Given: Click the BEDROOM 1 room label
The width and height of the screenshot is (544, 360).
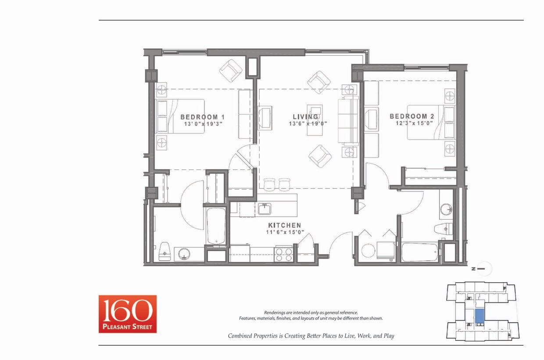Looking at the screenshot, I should tap(202, 117).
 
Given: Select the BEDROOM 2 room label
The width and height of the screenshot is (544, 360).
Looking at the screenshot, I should tap(412, 116).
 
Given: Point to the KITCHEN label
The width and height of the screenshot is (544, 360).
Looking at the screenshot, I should tap(284, 225).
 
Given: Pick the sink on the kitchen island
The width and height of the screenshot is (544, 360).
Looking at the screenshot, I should tap(265, 209).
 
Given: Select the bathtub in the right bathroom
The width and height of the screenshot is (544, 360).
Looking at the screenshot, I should tap(420, 252).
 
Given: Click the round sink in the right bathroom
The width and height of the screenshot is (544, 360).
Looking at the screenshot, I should tap(446, 209).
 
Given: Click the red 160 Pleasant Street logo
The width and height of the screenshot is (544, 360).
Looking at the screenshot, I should tap(127, 313).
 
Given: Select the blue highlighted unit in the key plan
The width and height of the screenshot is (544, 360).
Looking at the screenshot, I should tap(480, 316).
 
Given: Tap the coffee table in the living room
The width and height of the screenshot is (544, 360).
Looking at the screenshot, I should tap(315, 112).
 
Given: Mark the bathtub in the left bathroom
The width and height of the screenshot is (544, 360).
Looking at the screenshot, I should tap(216, 226).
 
